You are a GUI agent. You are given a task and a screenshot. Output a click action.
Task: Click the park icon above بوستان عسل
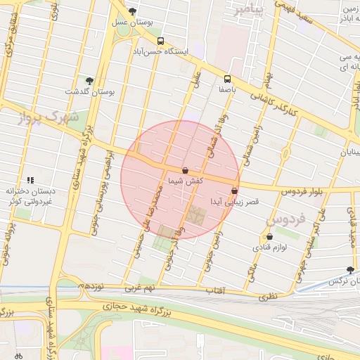[132, 11]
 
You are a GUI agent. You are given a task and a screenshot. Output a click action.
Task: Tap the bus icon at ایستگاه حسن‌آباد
[161, 41]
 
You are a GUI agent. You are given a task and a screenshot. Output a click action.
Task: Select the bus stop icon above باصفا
[227, 79]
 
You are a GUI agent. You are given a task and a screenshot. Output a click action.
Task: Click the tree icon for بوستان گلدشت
[89, 81]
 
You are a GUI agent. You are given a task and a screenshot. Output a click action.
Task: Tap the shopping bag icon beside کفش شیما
[185, 170]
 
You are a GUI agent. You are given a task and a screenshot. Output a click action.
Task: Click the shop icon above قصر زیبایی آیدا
[234, 191]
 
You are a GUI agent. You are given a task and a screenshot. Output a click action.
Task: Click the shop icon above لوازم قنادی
[270, 237]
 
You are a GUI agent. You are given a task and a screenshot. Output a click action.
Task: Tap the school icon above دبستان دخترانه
[30, 180]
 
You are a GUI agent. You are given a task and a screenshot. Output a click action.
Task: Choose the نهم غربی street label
[138, 288]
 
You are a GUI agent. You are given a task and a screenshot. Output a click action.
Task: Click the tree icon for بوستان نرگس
[350, 271]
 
